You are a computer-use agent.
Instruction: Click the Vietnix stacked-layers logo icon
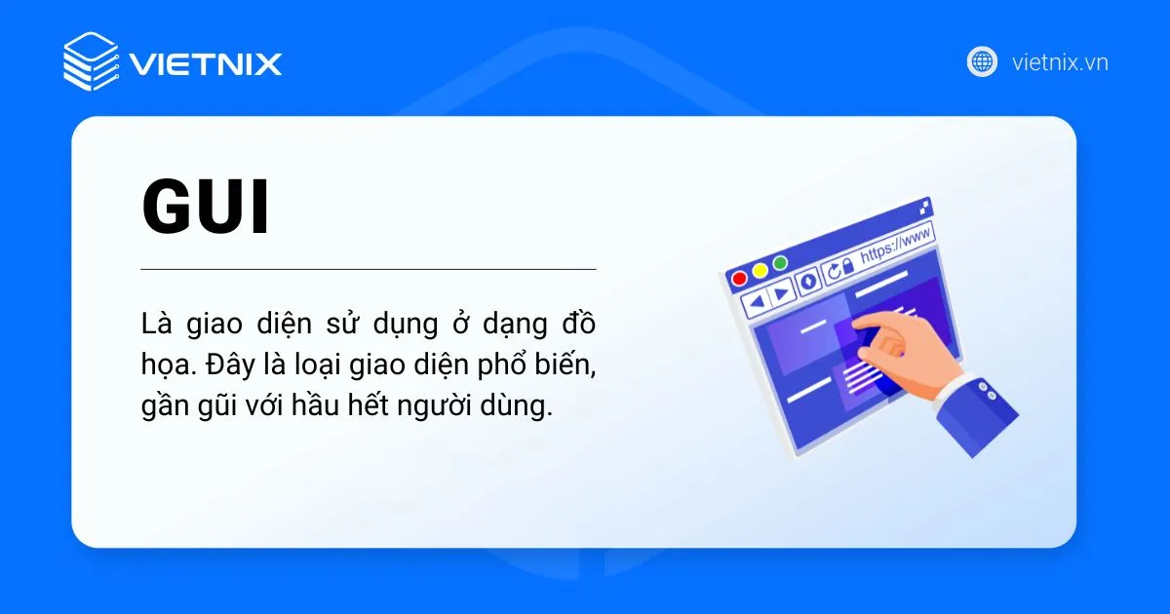click(91, 61)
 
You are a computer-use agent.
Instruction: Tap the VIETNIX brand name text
click(206, 64)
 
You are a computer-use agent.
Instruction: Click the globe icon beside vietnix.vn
click(982, 62)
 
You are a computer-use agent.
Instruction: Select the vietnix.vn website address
click(1060, 63)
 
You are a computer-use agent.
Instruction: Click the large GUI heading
click(206, 209)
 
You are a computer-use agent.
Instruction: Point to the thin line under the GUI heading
click(368, 268)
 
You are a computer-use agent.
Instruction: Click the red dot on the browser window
click(739, 278)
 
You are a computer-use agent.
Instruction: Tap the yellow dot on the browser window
click(760, 270)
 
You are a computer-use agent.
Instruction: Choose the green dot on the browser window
click(780, 263)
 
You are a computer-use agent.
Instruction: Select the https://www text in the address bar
click(895, 245)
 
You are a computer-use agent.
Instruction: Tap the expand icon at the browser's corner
click(924, 207)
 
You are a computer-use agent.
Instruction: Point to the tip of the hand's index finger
click(861, 325)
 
